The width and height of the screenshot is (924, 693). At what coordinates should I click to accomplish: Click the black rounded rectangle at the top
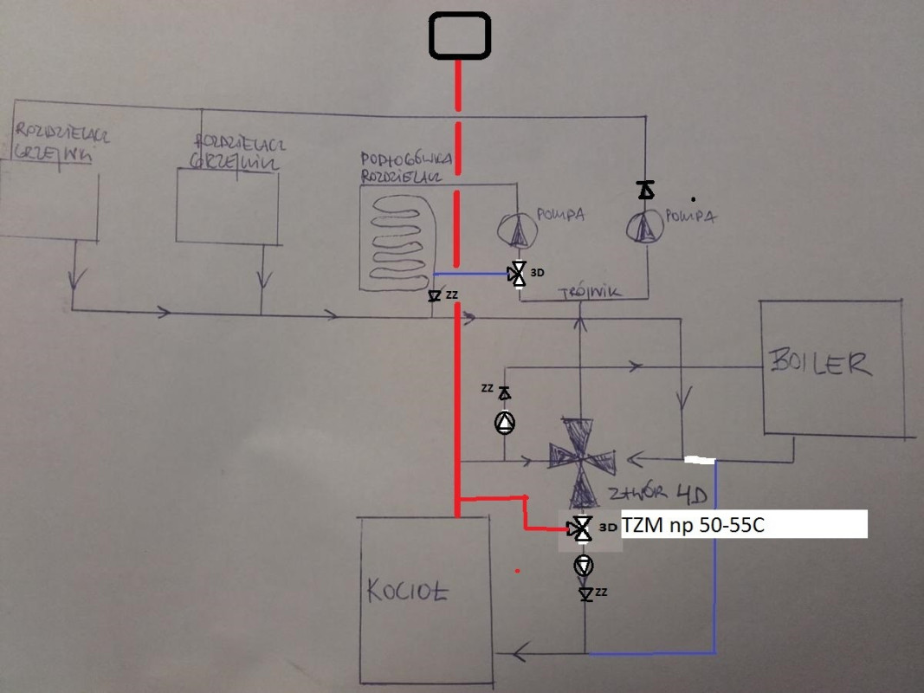[460, 36]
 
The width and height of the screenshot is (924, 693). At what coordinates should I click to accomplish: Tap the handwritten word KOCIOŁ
[408, 592]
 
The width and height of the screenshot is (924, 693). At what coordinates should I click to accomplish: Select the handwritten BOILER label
[819, 363]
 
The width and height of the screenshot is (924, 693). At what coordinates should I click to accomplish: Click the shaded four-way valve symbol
[583, 462]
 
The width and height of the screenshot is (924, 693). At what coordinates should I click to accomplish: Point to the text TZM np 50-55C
[693, 526]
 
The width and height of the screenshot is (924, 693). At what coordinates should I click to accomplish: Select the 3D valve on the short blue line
[517, 274]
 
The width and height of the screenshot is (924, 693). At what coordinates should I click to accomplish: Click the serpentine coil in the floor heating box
[401, 243]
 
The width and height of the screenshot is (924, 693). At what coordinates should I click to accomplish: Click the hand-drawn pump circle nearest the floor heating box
[519, 230]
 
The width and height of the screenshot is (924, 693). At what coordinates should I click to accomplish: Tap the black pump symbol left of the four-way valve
[504, 423]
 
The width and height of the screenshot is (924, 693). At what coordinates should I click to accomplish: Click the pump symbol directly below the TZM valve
[585, 566]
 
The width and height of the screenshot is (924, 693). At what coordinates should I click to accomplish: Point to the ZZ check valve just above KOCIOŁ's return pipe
[586, 594]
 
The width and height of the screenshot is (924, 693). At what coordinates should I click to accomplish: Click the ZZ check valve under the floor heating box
[435, 297]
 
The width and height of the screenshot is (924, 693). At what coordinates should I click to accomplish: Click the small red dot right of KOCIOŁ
[518, 571]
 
